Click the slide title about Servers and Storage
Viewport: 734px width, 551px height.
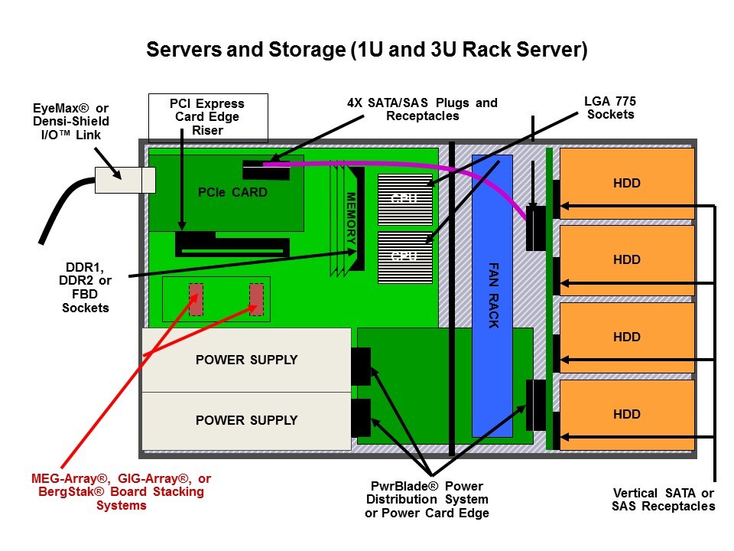click(x=366, y=51)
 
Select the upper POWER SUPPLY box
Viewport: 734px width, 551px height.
click(x=246, y=360)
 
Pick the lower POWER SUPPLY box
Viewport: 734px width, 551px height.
click(x=246, y=420)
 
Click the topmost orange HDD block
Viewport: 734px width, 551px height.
click(x=627, y=184)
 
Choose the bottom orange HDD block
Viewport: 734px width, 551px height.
click(x=627, y=415)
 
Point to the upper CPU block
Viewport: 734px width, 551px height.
click(x=404, y=199)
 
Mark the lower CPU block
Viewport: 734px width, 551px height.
click(x=404, y=257)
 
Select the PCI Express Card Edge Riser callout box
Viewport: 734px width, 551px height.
click(x=207, y=117)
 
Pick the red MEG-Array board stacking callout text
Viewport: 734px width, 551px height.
click(x=122, y=491)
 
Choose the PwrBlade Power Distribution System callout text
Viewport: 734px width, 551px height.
click(x=427, y=500)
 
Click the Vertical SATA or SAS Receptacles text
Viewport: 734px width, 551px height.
click(x=664, y=499)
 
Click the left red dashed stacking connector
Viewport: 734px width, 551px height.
click(x=196, y=299)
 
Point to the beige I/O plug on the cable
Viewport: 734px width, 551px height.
click(x=124, y=180)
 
